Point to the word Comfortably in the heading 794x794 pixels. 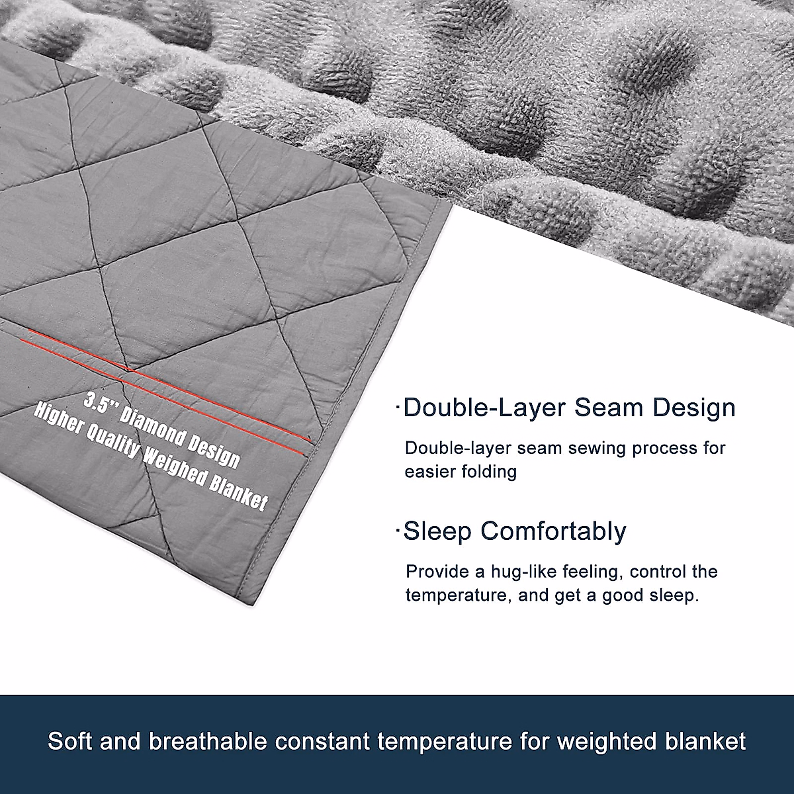[553, 532]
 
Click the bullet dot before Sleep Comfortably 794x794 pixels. [398, 531]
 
